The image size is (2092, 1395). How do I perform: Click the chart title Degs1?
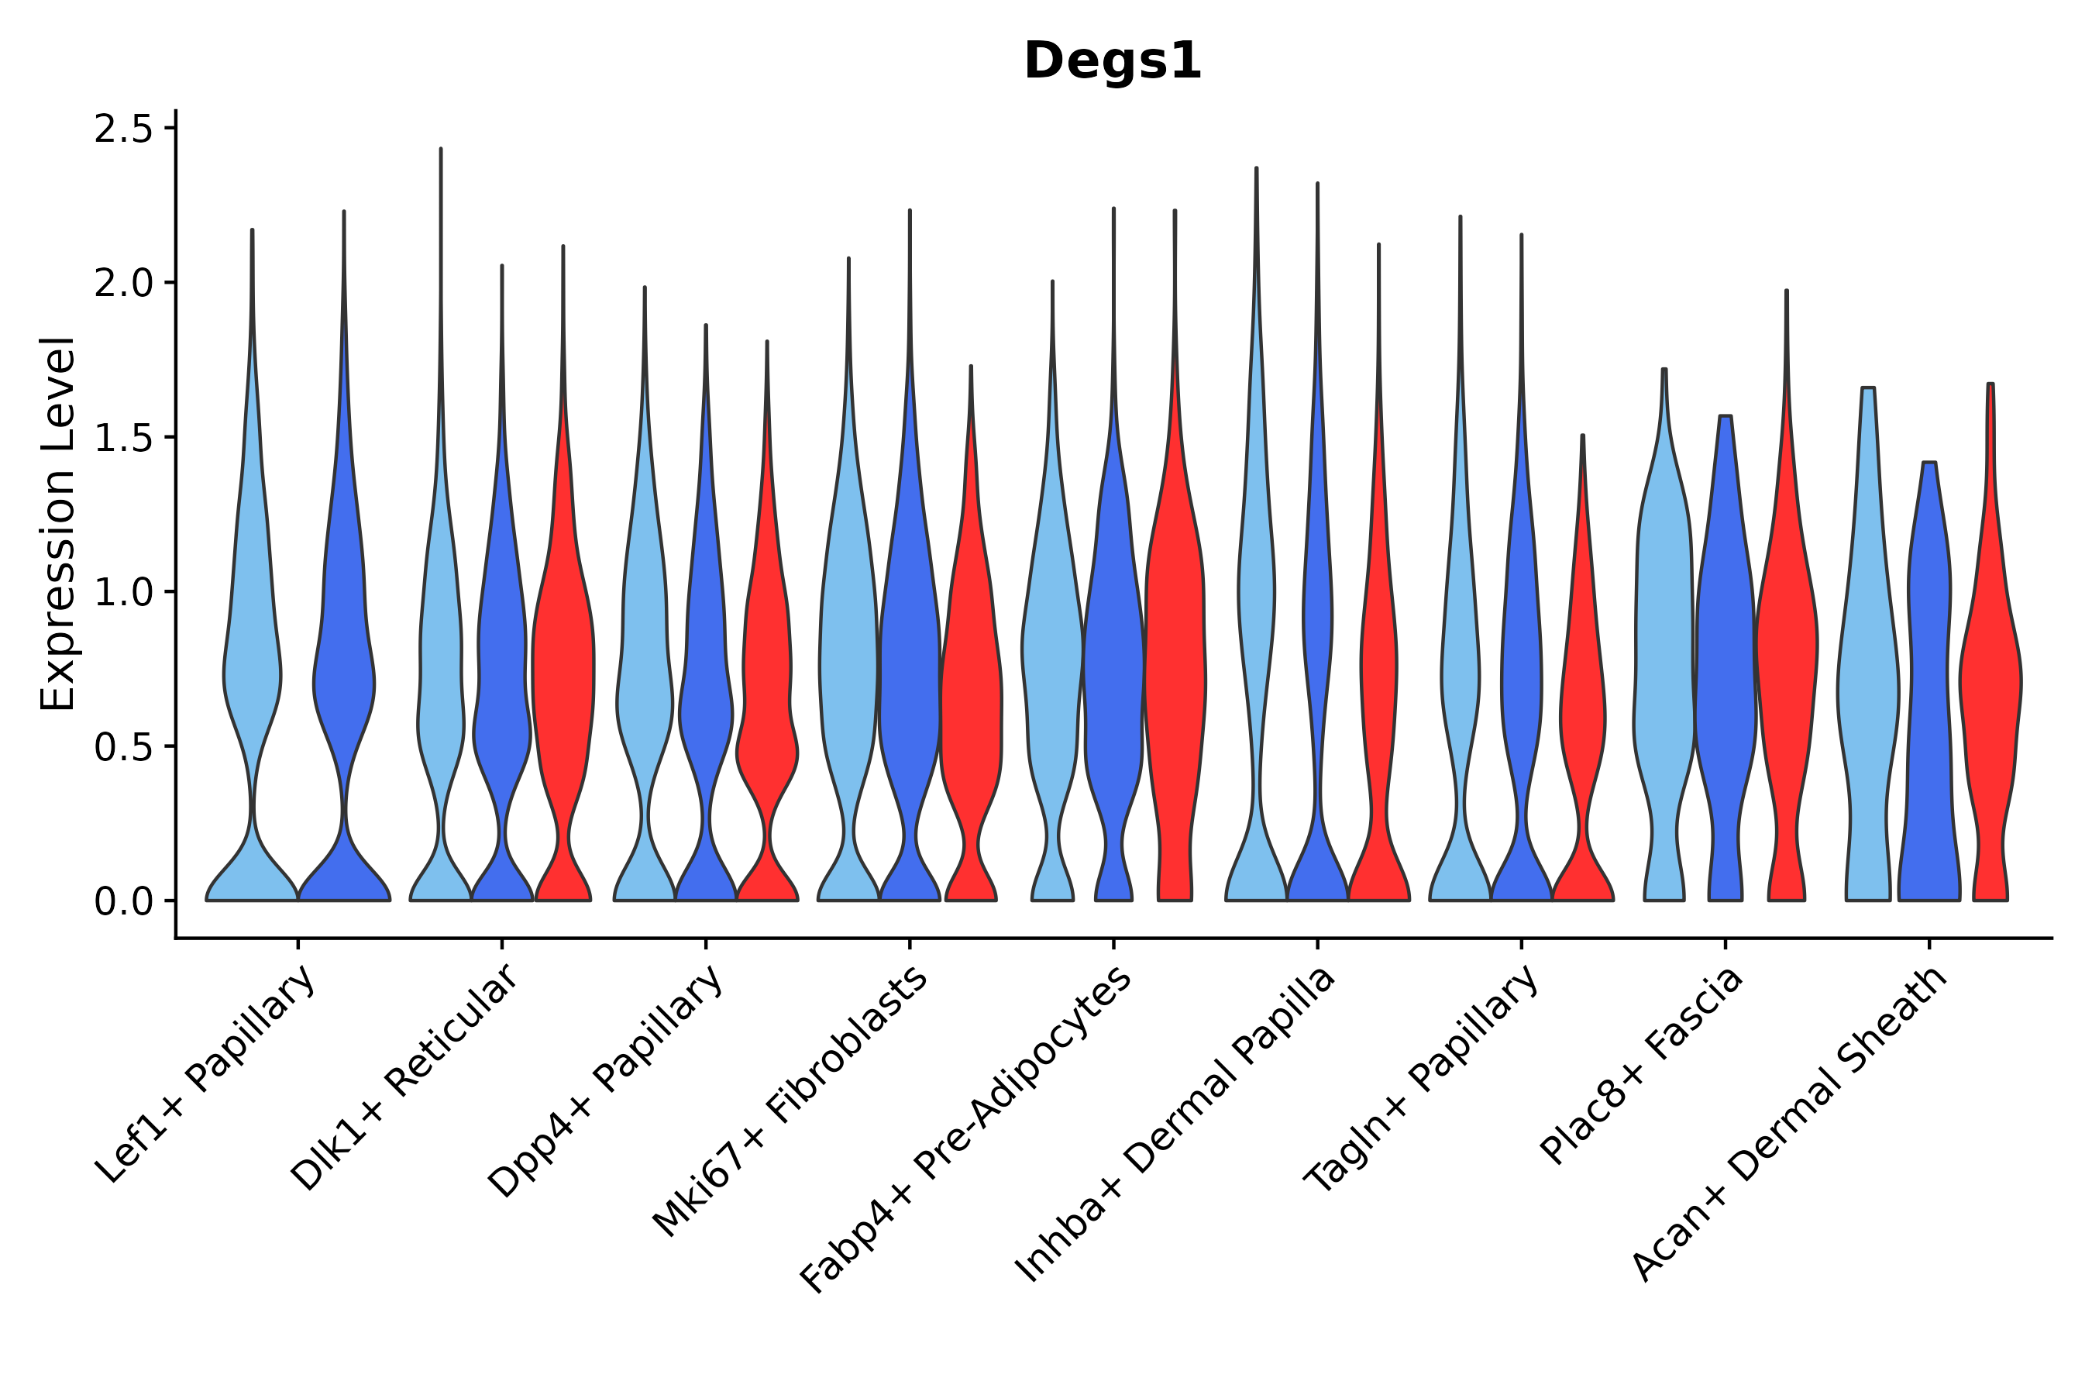point(1112,62)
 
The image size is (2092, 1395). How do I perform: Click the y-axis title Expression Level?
point(58,523)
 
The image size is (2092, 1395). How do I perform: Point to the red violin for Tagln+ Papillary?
point(1582,711)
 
